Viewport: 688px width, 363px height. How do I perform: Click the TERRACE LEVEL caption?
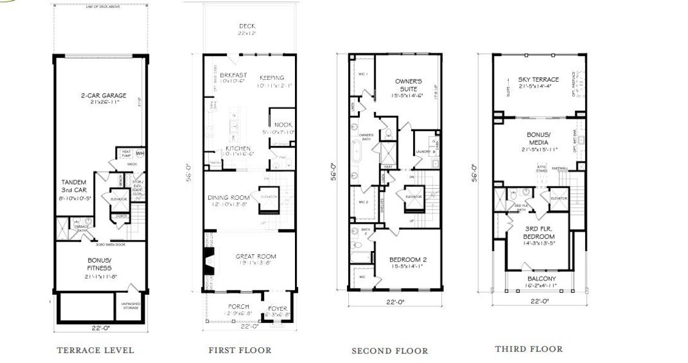[x=95, y=350]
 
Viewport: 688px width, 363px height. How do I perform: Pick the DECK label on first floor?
[x=246, y=26]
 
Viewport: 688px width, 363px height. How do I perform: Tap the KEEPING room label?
[x=271, y=78]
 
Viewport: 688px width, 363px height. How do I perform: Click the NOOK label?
[x=283, y=125]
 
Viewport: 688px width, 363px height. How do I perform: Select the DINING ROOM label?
[x=229, y=198]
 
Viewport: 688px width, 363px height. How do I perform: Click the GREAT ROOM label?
[x=255, y=257]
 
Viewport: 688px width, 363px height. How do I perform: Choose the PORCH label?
[x=238, y=307]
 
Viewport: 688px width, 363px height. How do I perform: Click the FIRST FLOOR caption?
[x=240, y=350]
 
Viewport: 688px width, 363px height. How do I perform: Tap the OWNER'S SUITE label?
[x=408, y=85]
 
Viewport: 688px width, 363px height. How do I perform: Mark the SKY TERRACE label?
[x=538, y=79]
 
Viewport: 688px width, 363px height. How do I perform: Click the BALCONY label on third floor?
[x=540, y=279]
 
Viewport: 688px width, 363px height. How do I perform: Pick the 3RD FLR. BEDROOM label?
[x=539, y=231]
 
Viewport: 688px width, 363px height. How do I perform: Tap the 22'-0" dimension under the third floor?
[x=539, y=301]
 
